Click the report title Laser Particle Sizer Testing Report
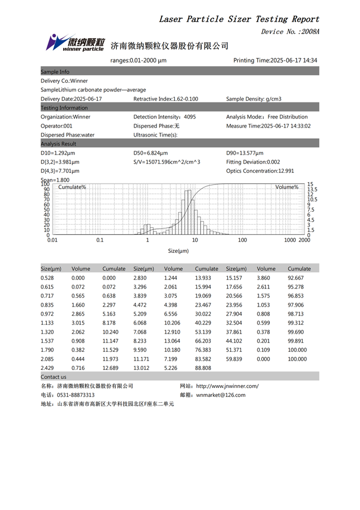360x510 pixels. click(239, 19)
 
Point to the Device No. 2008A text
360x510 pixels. click(290, 32)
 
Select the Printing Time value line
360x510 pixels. click(275, 61)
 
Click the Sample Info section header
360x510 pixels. click(55, 72)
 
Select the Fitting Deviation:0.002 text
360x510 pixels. click(253, 162)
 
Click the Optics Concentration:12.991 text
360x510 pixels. click(260, 171)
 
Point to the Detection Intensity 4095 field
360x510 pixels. click(164, 117)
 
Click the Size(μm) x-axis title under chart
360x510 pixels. click(178, 251)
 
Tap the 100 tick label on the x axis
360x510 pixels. click(242, 240)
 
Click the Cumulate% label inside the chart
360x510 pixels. click(72, 187)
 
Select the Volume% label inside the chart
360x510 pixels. click(287, 187)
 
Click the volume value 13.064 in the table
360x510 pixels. click(173, 341)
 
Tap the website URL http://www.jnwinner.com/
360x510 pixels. click(227, 386)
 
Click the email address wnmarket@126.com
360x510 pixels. click(221, 395)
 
